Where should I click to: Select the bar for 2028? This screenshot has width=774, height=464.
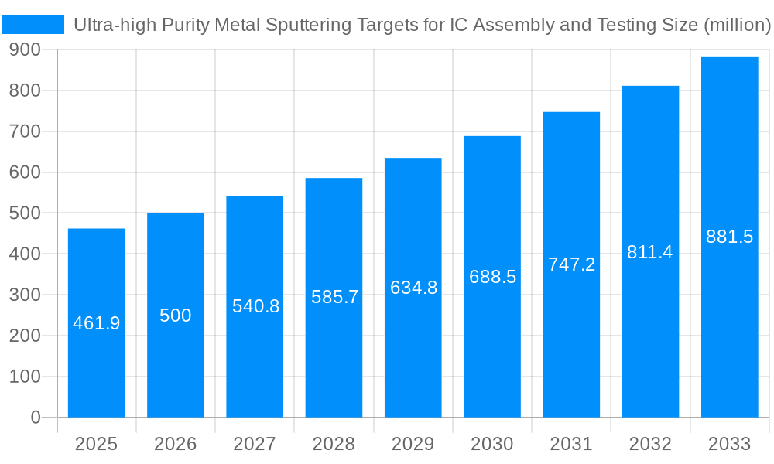pos(334,348)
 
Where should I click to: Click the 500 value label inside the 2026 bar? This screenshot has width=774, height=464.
pos(176,316)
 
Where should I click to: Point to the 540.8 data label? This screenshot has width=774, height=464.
pos(255,306)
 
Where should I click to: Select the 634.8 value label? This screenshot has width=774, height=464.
pos(413,288)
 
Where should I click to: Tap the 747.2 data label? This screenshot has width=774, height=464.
pos(571,264)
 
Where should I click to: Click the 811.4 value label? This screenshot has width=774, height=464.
pos(650,252)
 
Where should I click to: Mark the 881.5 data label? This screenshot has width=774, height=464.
pos(729,237)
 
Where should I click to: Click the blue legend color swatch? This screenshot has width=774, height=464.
pos(33,25)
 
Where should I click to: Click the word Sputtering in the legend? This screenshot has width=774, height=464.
pos(306,25)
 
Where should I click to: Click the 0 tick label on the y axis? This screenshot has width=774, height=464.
pos(36,418)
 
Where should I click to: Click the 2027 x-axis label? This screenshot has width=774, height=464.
pos(255,444)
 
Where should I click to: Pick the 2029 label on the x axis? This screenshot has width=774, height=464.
pos(413,444)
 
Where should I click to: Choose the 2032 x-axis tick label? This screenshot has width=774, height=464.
pos(650,444)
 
